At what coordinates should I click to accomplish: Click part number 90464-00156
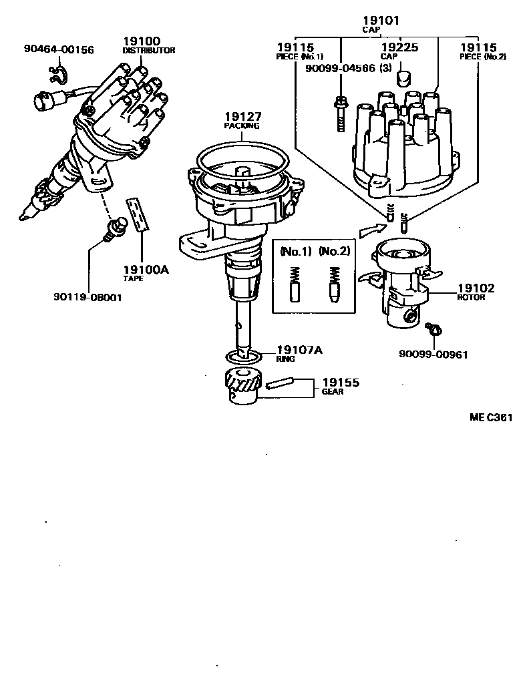click(x=59, y=49)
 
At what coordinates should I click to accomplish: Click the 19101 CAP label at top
click(x=381, y=24)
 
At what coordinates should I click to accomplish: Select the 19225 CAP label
click(x=399, y=51)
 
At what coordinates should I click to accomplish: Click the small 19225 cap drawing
click(x=404, y=78)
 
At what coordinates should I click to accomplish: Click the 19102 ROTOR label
click(x=476, y=292)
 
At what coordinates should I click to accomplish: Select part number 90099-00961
click(x=434, y=355)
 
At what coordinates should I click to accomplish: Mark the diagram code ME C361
click(x=490, y=419)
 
